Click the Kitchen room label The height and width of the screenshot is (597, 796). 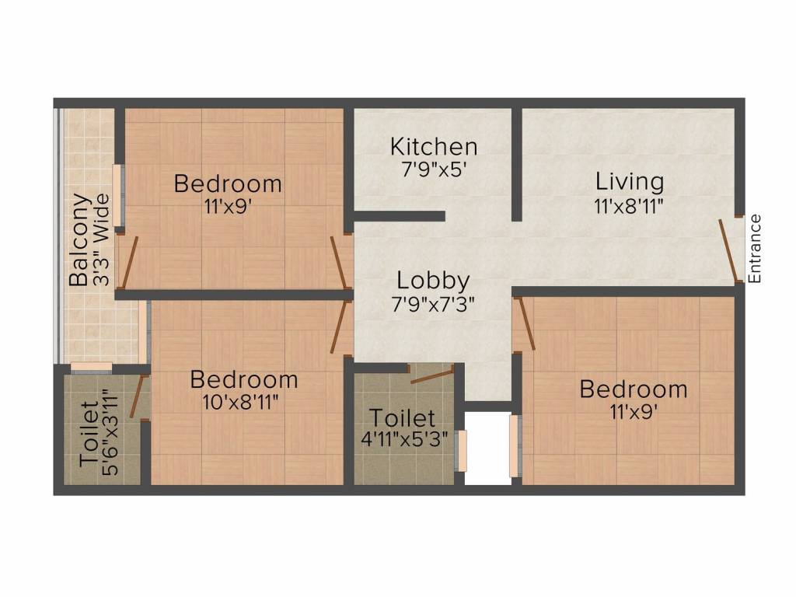click(x=434, y=146)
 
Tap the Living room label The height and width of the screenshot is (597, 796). click(x=630, y=182)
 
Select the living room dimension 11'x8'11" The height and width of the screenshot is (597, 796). click(x=630, y=205)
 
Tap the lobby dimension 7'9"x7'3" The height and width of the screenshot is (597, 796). click(x=433, y=302)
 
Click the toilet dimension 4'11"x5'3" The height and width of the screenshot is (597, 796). click(x=402, y=439)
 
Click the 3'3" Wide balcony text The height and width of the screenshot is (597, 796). click(x=101, y=242)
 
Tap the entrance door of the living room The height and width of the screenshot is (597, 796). click(x=730, y=251)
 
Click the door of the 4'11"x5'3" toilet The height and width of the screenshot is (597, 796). click(x=431, y=376)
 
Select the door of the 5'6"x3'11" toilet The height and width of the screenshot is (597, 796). click(x=138, y=396)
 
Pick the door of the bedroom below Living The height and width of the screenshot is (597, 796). click(x=526, y=323)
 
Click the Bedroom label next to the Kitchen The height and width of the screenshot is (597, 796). click(x=228, y=184)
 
